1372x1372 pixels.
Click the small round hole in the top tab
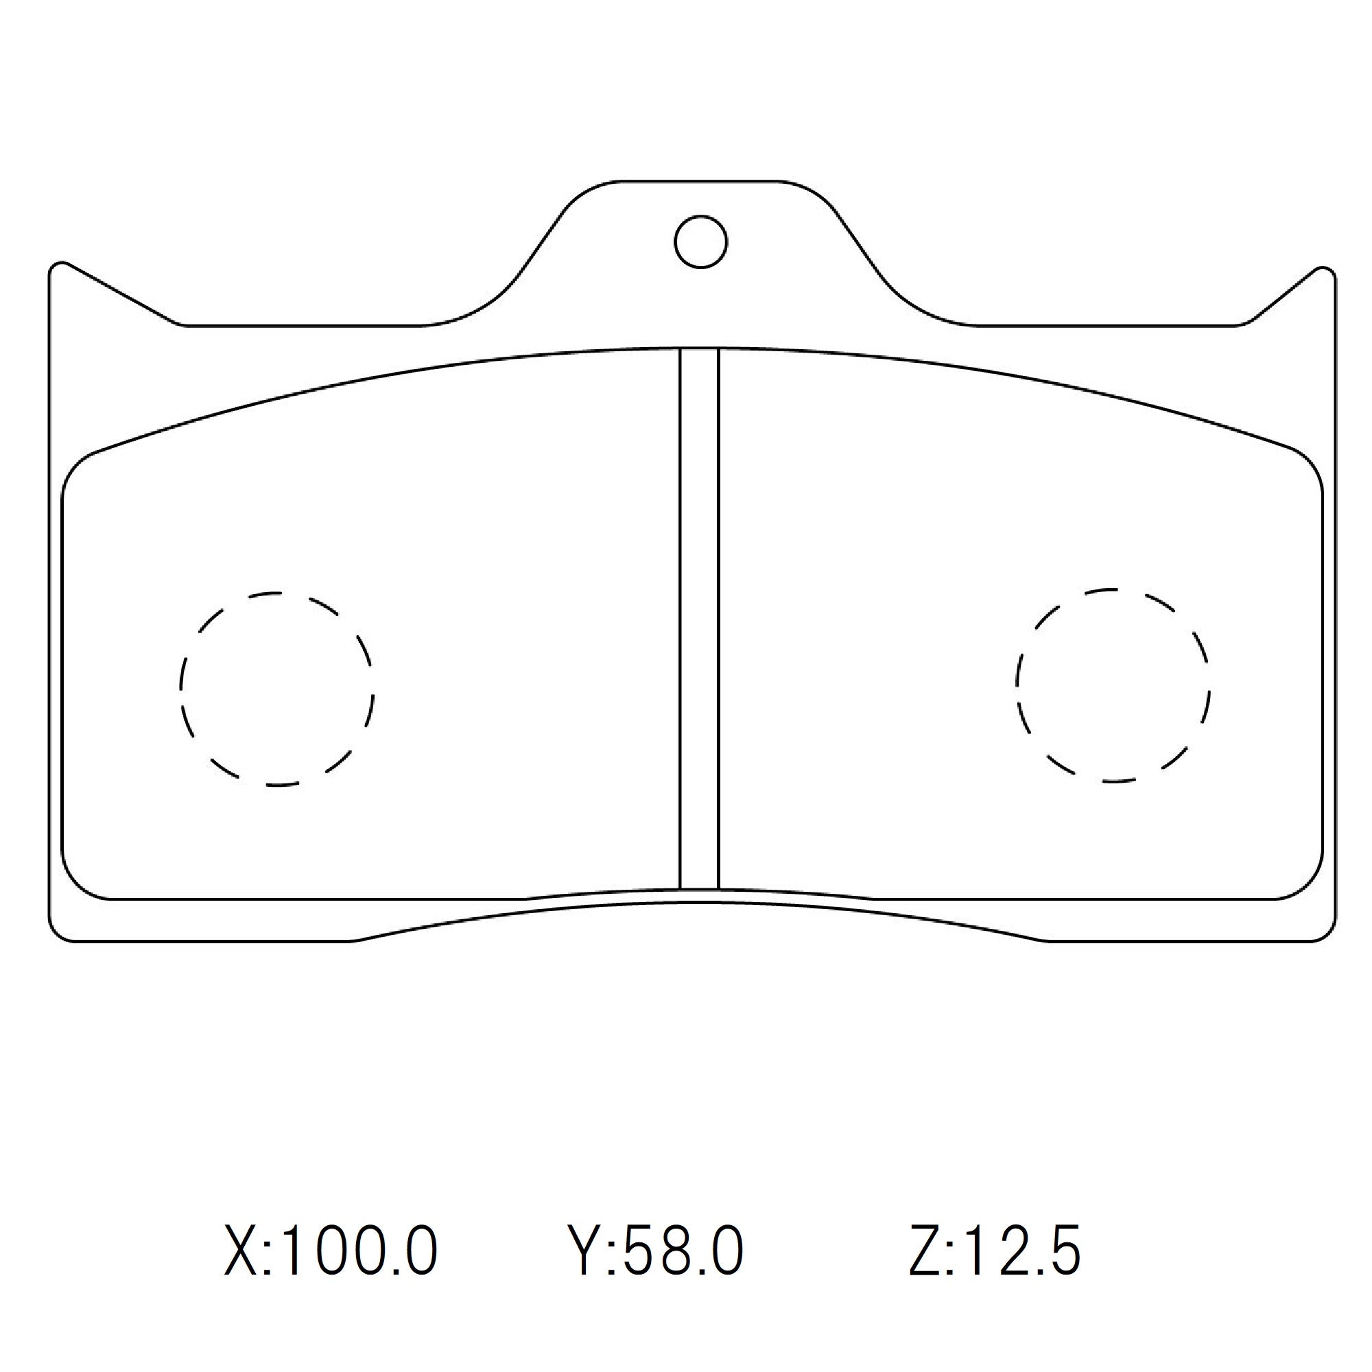(700, 241)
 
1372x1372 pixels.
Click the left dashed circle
(277, 689)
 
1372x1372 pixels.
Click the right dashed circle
(1113, 685)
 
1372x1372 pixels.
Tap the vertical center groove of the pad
(700, 618)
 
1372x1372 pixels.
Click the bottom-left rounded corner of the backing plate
(60, 930)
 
